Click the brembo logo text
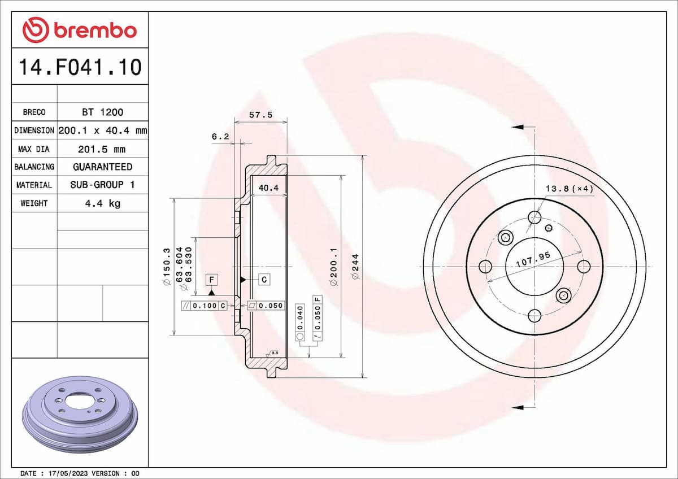pos(95,30)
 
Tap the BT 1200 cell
pos(102,112)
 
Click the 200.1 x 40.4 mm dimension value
pos(102,130)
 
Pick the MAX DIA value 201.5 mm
pos(102,149)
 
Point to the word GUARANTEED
pos(102,167)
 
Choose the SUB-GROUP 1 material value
pos(102,185)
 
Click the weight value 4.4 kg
pos(102,203)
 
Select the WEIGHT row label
pos(34,203)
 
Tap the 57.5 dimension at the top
pos(261,115)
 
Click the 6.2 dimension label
pos(220,137)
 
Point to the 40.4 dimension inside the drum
pos(268,188)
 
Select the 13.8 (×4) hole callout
pos(569,189)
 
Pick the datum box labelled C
pos(264,279)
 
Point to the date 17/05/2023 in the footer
pos(68,473)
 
